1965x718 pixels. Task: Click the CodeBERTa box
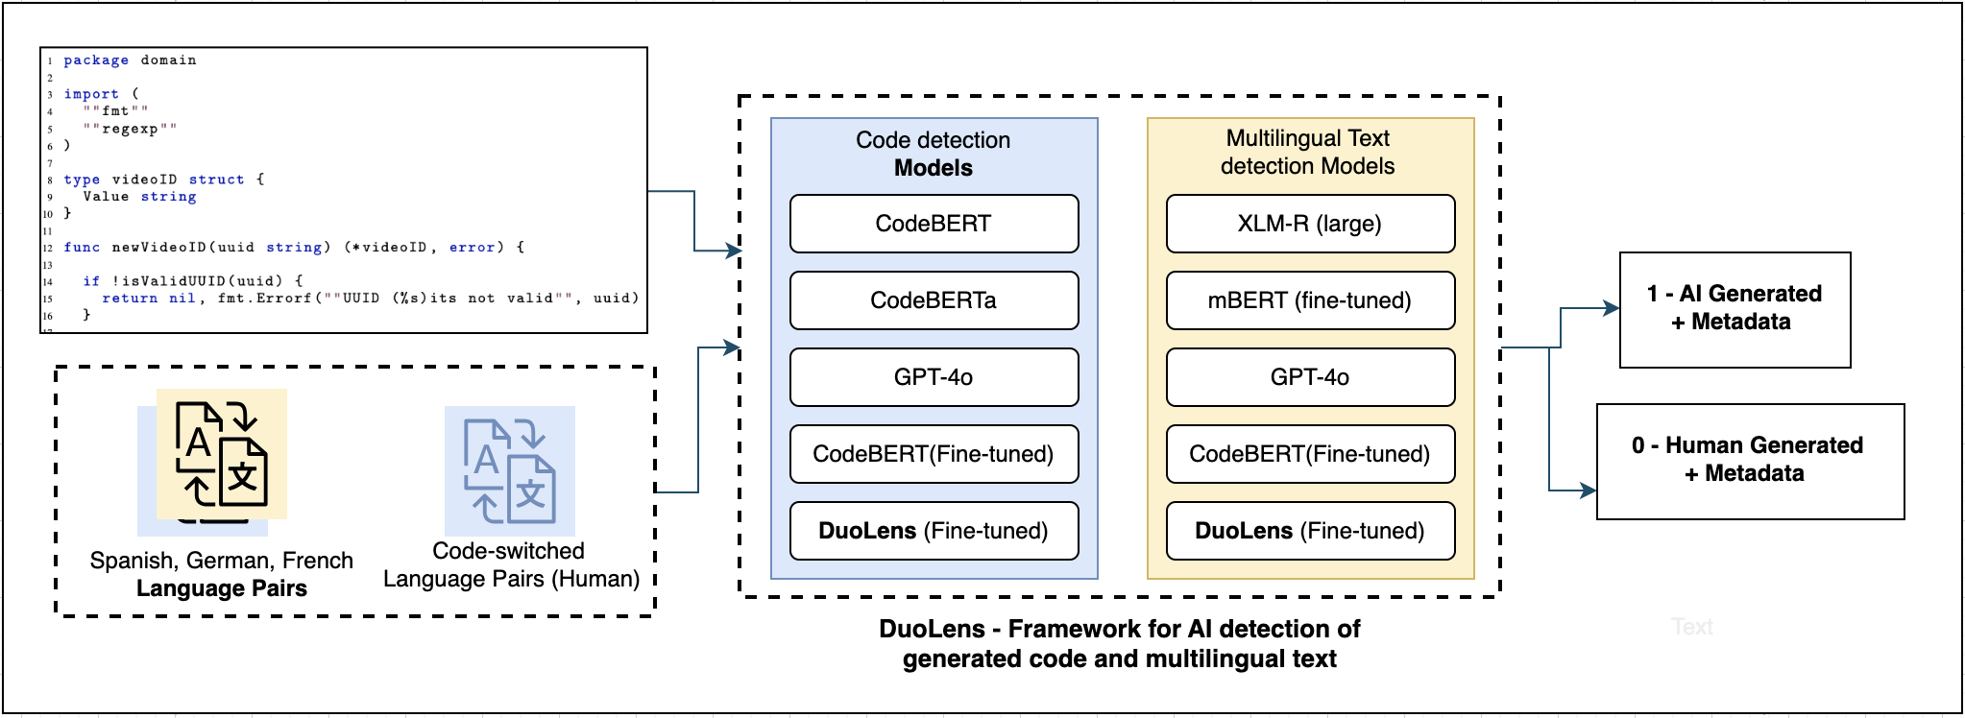(934, 300)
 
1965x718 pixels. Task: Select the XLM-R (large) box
(1310, 224)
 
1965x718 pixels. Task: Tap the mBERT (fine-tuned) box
(1310, 300)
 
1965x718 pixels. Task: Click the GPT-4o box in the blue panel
(934, 377)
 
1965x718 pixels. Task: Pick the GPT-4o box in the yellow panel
(1310, 377)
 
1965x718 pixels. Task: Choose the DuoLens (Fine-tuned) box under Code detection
(934, 531)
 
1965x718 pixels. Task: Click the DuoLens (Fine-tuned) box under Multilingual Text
(1310, 531)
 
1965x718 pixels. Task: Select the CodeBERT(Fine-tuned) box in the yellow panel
(1310, 454)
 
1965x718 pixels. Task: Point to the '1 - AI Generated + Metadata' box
(1735, 309)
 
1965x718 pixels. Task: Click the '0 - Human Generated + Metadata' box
(1750, 461)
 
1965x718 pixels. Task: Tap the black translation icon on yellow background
(222, 454)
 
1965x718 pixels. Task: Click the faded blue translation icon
(510, 470)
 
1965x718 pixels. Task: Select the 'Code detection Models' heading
(934, 154)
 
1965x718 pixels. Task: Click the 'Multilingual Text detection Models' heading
(1308, 152)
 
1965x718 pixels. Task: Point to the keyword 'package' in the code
(96, 60)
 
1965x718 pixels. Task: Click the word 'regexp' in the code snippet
(130, 129)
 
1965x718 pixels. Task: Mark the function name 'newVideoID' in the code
(159, 248)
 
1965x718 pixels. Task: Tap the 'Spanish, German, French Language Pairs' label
(222, 574)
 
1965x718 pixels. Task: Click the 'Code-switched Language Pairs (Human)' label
(511, 564)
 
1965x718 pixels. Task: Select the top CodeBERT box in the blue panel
(934, 224)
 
